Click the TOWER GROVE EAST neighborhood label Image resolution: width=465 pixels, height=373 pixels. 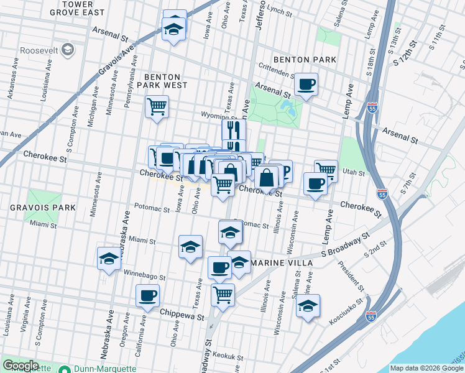click(86, 8)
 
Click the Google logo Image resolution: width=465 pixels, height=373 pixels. click(21, 366)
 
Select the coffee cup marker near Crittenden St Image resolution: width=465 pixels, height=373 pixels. click(305, 85)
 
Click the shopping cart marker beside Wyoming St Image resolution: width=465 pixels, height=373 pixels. click(157, 106)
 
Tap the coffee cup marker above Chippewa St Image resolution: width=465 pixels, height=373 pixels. click(147, 297)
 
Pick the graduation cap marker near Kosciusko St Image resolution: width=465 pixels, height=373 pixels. click(307, 306)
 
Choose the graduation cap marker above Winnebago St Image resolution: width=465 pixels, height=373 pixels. click(109, 259)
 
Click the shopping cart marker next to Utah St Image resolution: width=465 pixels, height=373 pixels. click(326, 170)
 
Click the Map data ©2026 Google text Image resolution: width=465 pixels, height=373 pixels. click(426, 368)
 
